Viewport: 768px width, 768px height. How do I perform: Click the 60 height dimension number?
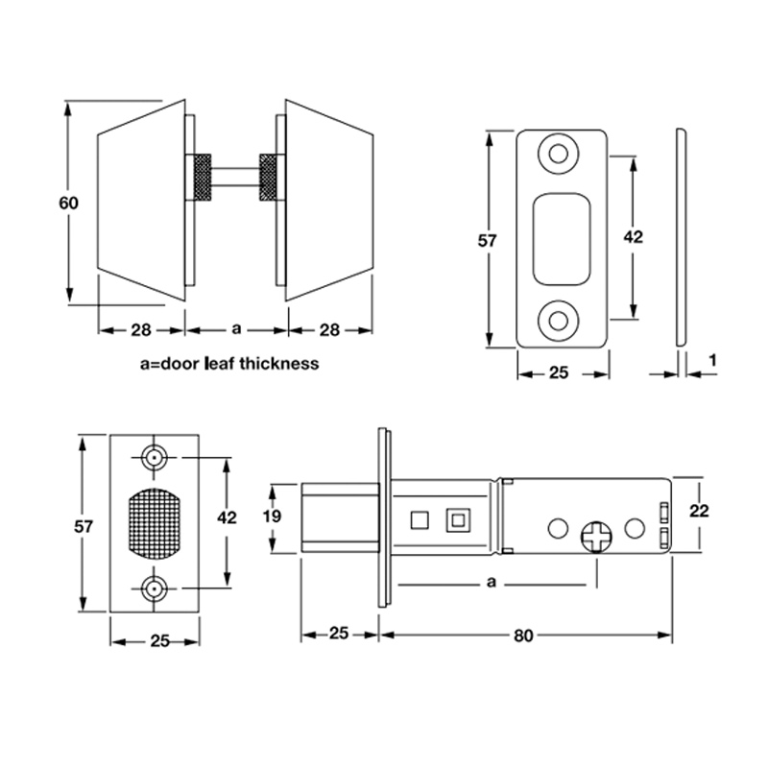coord(67,204)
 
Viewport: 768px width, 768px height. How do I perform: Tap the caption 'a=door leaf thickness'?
coord(228,364)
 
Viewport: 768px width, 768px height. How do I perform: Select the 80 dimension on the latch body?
coord(524,636)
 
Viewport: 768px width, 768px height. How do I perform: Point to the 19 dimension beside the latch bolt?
coord(272,516)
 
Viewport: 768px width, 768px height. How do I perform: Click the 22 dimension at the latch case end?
coord(699,512)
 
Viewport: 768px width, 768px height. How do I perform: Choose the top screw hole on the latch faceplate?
coord(155,458)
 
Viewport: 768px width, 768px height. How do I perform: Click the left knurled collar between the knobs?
coord(204,177)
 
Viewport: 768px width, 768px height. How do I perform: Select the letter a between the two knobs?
coord(236,329)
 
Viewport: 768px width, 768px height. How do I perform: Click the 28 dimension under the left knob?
coord(141,329)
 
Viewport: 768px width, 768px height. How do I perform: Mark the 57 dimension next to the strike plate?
coord(489,241)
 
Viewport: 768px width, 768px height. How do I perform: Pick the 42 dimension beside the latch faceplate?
coord(227,517)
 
